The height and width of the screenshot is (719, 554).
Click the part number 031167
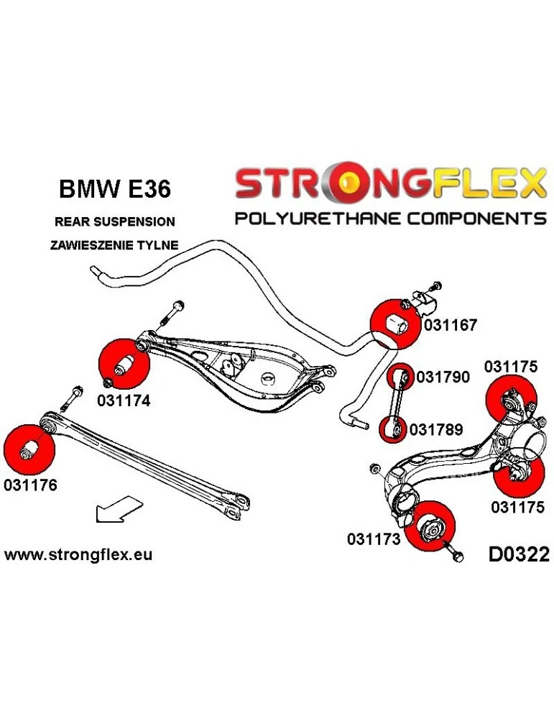[x=451, y=325]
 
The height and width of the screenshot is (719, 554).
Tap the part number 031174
[x=124, y=401]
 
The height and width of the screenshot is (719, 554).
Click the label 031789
[x=435, y=429]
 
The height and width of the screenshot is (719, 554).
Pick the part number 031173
[x=373, y=538]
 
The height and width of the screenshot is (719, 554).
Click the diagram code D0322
[x=518, y=554]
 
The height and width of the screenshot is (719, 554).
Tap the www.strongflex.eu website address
[x=78, y=554]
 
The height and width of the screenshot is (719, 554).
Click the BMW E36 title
[x=114, y=190]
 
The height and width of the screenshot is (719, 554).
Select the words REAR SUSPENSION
[x=114, y=221]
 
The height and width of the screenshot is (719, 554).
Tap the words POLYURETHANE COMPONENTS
[x=391, y=218]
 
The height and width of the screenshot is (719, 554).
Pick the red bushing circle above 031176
[x=29, y=447]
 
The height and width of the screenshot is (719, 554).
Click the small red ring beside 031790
[x=400, y=376]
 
